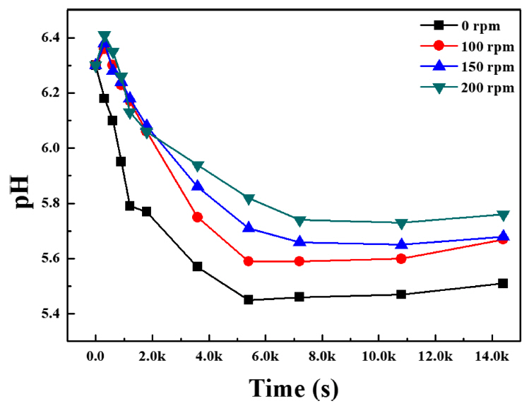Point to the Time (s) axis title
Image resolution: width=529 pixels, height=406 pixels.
coord(293,388)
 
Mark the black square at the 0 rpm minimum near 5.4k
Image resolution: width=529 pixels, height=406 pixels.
coord(249,299)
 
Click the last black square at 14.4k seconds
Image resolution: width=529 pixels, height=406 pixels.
coord(503,283)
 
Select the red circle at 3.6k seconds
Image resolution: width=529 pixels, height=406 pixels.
coord(198,217)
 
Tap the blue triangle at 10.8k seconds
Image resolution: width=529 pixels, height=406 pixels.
coord(401,244)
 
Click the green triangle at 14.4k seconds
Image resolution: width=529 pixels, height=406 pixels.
coord(503,215)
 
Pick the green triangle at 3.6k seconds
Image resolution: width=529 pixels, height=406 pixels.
coord(198,166)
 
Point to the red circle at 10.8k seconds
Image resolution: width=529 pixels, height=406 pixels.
coord(401,258)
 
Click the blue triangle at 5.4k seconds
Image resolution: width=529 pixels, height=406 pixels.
coord(249,227)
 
